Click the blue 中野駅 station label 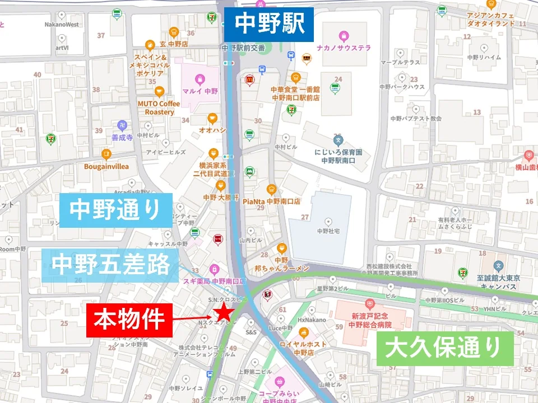tap(269, 24)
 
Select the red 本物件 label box tap(129, 320)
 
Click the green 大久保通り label tap(445, 349)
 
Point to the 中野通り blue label tap(115, 209)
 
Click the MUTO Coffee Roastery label tap(159, 107)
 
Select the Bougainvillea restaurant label tap(106, 166)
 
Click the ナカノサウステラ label tap(344, 48)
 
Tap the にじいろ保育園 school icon tap(337, 139)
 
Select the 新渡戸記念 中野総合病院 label tap(369, 320)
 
